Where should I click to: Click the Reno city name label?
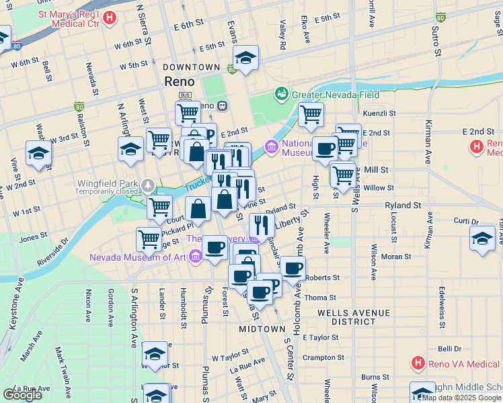tap(180, 81)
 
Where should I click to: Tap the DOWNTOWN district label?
tap(191, 67)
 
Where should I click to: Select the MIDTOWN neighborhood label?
tap(262, 329)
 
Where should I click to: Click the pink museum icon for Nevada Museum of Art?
tap(195, 255)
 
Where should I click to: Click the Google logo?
tap(22, 395)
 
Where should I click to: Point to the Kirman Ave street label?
tap(428, 142)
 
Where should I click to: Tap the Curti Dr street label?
tap(465, 221)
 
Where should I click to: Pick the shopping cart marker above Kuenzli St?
tap(311, 114)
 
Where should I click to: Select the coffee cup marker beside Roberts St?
tap(293, 269)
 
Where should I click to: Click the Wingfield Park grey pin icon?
tap(147, 185)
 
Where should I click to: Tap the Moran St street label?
tap(396, 257)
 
